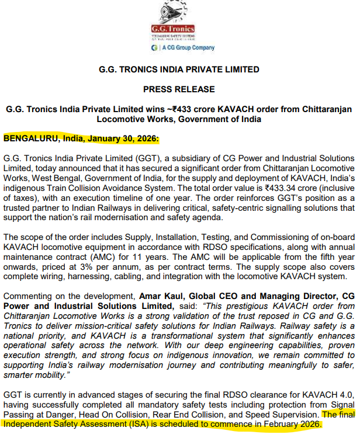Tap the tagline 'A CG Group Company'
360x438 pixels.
(x=185, y=48)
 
